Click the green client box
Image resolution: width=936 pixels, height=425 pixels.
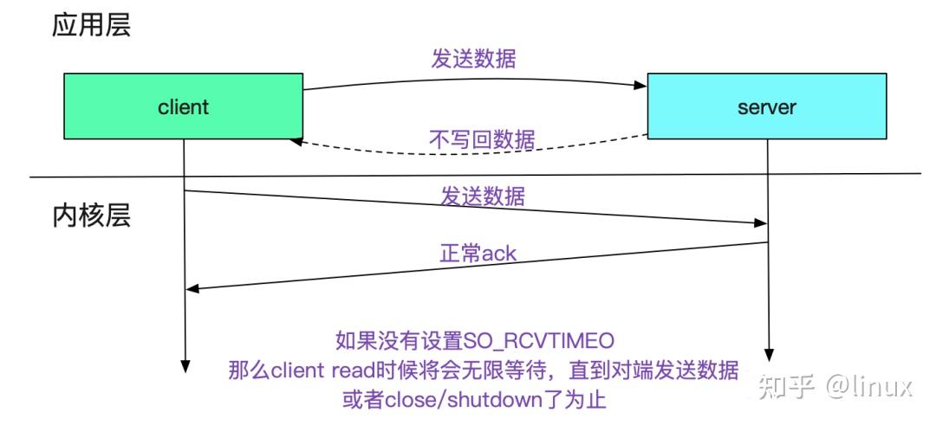[183, 106]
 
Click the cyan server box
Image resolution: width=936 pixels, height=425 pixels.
[767, 106]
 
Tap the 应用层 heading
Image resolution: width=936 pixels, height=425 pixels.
[91, 25]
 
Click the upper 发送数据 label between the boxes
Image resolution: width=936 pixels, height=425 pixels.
[473, 60]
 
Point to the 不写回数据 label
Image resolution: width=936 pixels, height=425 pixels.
[482, 138]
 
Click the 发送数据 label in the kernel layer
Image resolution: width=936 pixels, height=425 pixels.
[482, 196]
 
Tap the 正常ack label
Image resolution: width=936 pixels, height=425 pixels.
[478, 254]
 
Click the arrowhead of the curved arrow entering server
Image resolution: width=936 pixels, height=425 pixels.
[642, 85]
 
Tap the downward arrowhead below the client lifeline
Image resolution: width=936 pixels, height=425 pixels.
[184, 365]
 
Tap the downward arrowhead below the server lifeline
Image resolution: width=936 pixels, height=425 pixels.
[767, 356]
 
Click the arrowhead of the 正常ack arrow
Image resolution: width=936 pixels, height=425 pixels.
[192, 289]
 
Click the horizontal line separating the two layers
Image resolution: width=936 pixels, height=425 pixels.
[468, 175]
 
